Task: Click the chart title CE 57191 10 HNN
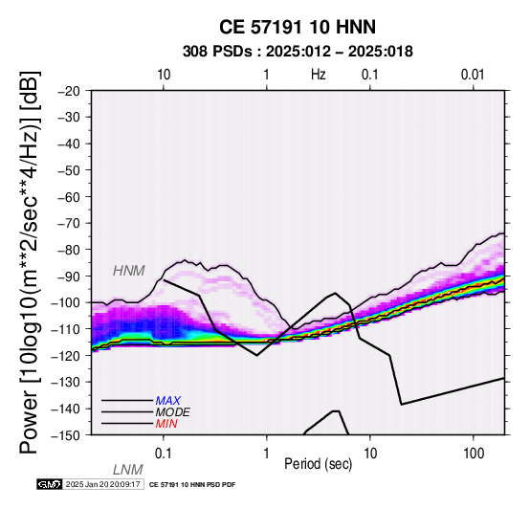tap(298, 27)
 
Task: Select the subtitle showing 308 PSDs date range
tap(298, 52)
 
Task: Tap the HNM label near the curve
tap(129, 271)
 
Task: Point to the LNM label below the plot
tap(128, 470)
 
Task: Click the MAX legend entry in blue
tap(168, 401)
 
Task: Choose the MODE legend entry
tap(173, 412)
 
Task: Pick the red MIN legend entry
tap(166, 424)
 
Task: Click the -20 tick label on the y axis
tap(69, 91)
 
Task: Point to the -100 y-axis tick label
tap(66, 302)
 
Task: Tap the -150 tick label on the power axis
tap(66, 435)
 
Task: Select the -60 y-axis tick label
tap(69, 197)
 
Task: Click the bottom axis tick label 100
tap(474, 454)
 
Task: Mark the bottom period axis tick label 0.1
tap(164, 454)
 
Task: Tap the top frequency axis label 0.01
tap(473, 75)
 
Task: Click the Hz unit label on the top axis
tap(319, 75)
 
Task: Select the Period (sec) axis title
tap(319, 464)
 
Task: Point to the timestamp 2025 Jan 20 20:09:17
tap(103, 485)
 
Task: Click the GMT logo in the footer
tap(50, 485)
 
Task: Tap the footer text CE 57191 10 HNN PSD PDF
tap(192, 485)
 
